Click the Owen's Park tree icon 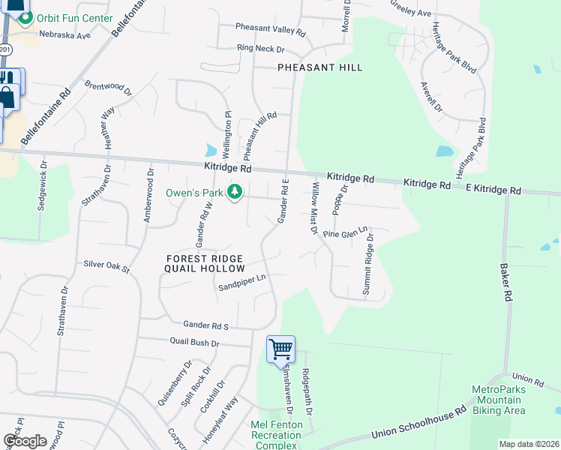click(235, 193)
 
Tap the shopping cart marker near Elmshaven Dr click(280, 348)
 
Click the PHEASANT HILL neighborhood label click(319, 67)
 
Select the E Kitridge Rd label click(493, 190)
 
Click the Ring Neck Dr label click(261, 49)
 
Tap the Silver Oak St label click(106, 265)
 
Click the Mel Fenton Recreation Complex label click(276, 435)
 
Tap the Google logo click(25, 440)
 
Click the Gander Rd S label click(205, 324)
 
